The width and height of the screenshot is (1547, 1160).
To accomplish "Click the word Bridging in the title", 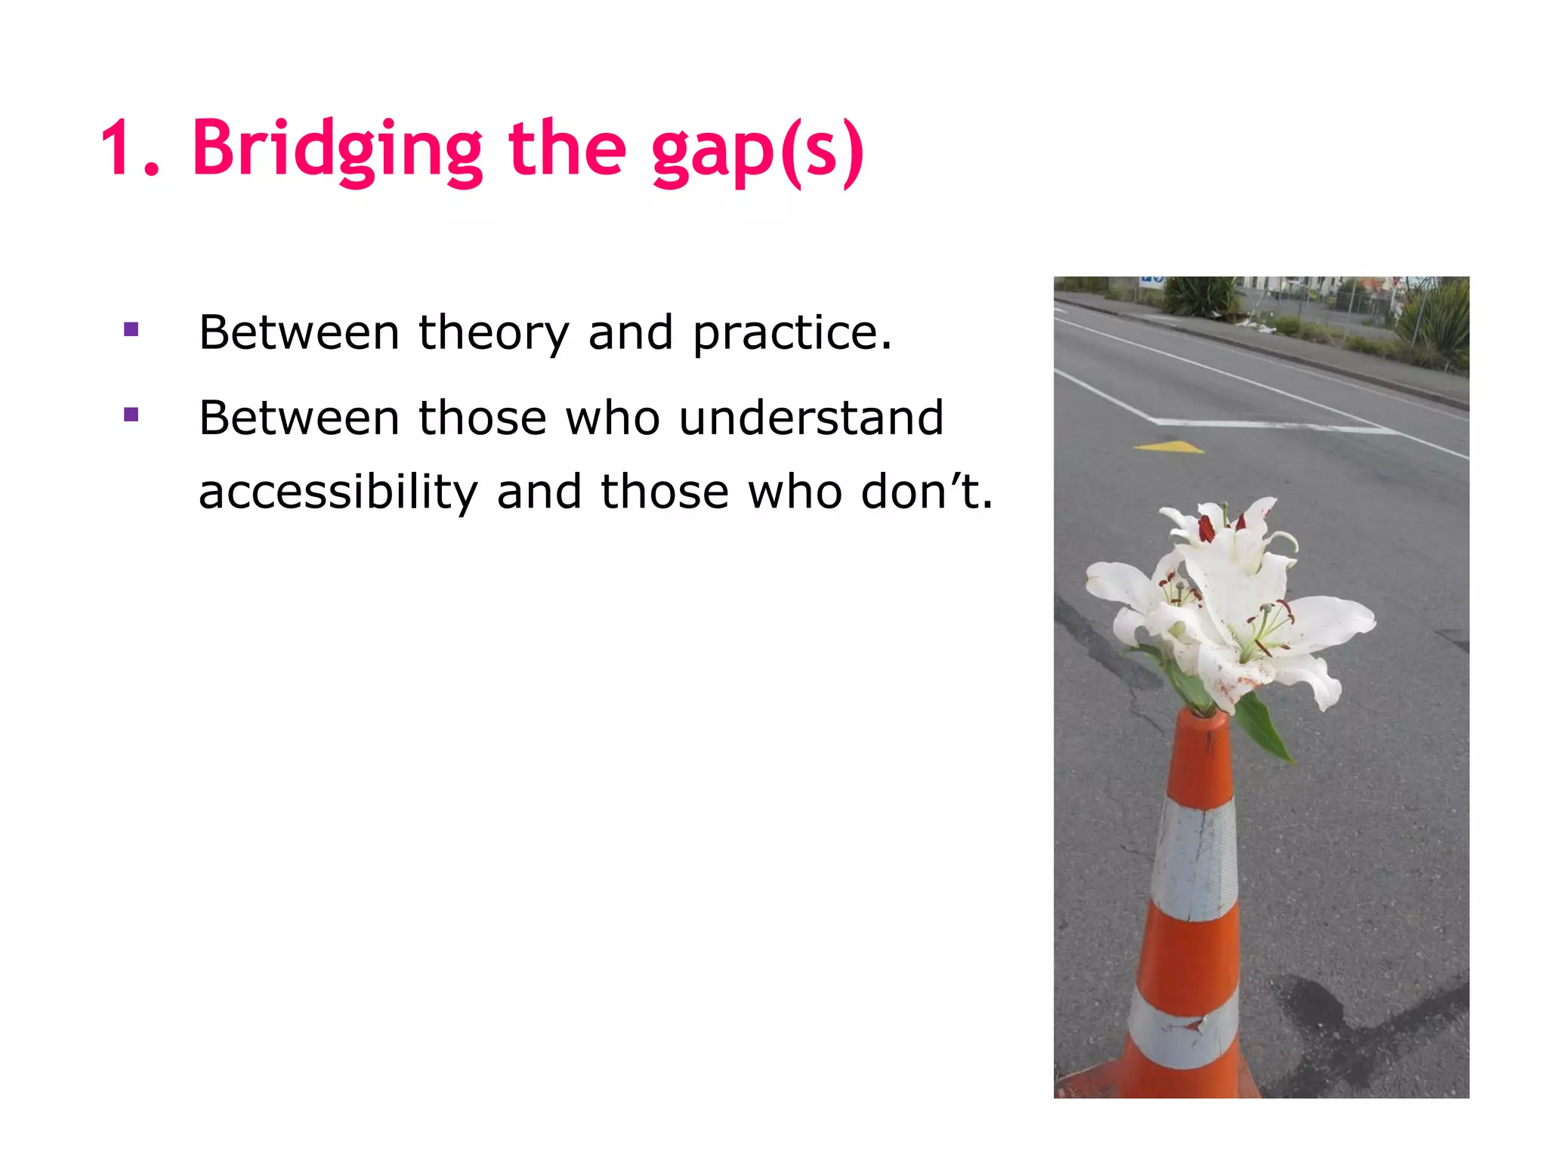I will (337, 149).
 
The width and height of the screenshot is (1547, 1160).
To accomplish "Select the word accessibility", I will (338, 492).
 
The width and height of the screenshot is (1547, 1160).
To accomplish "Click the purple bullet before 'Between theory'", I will (131, 329).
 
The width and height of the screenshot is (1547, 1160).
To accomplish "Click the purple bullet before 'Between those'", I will (131, 415).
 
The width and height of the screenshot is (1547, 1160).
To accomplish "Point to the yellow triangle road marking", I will (1170, 447).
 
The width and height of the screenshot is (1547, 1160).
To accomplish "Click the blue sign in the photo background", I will (1150, 282).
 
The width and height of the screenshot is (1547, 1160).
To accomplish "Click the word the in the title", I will (567, 149).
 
